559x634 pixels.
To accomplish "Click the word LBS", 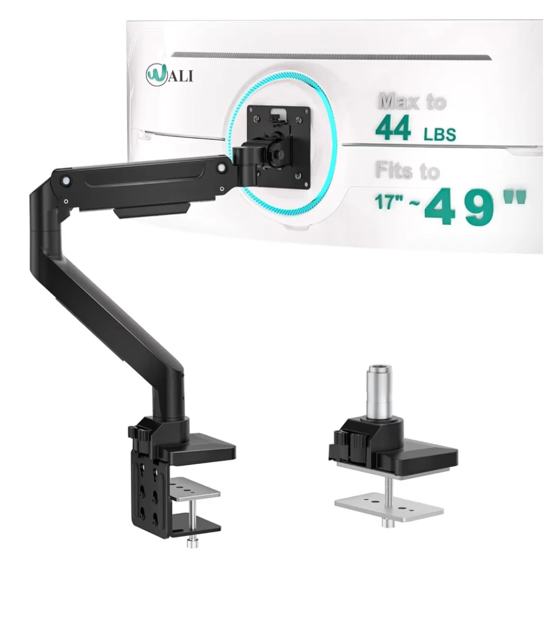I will point(439,133).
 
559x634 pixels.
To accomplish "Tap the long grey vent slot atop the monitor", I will point(331,56).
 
